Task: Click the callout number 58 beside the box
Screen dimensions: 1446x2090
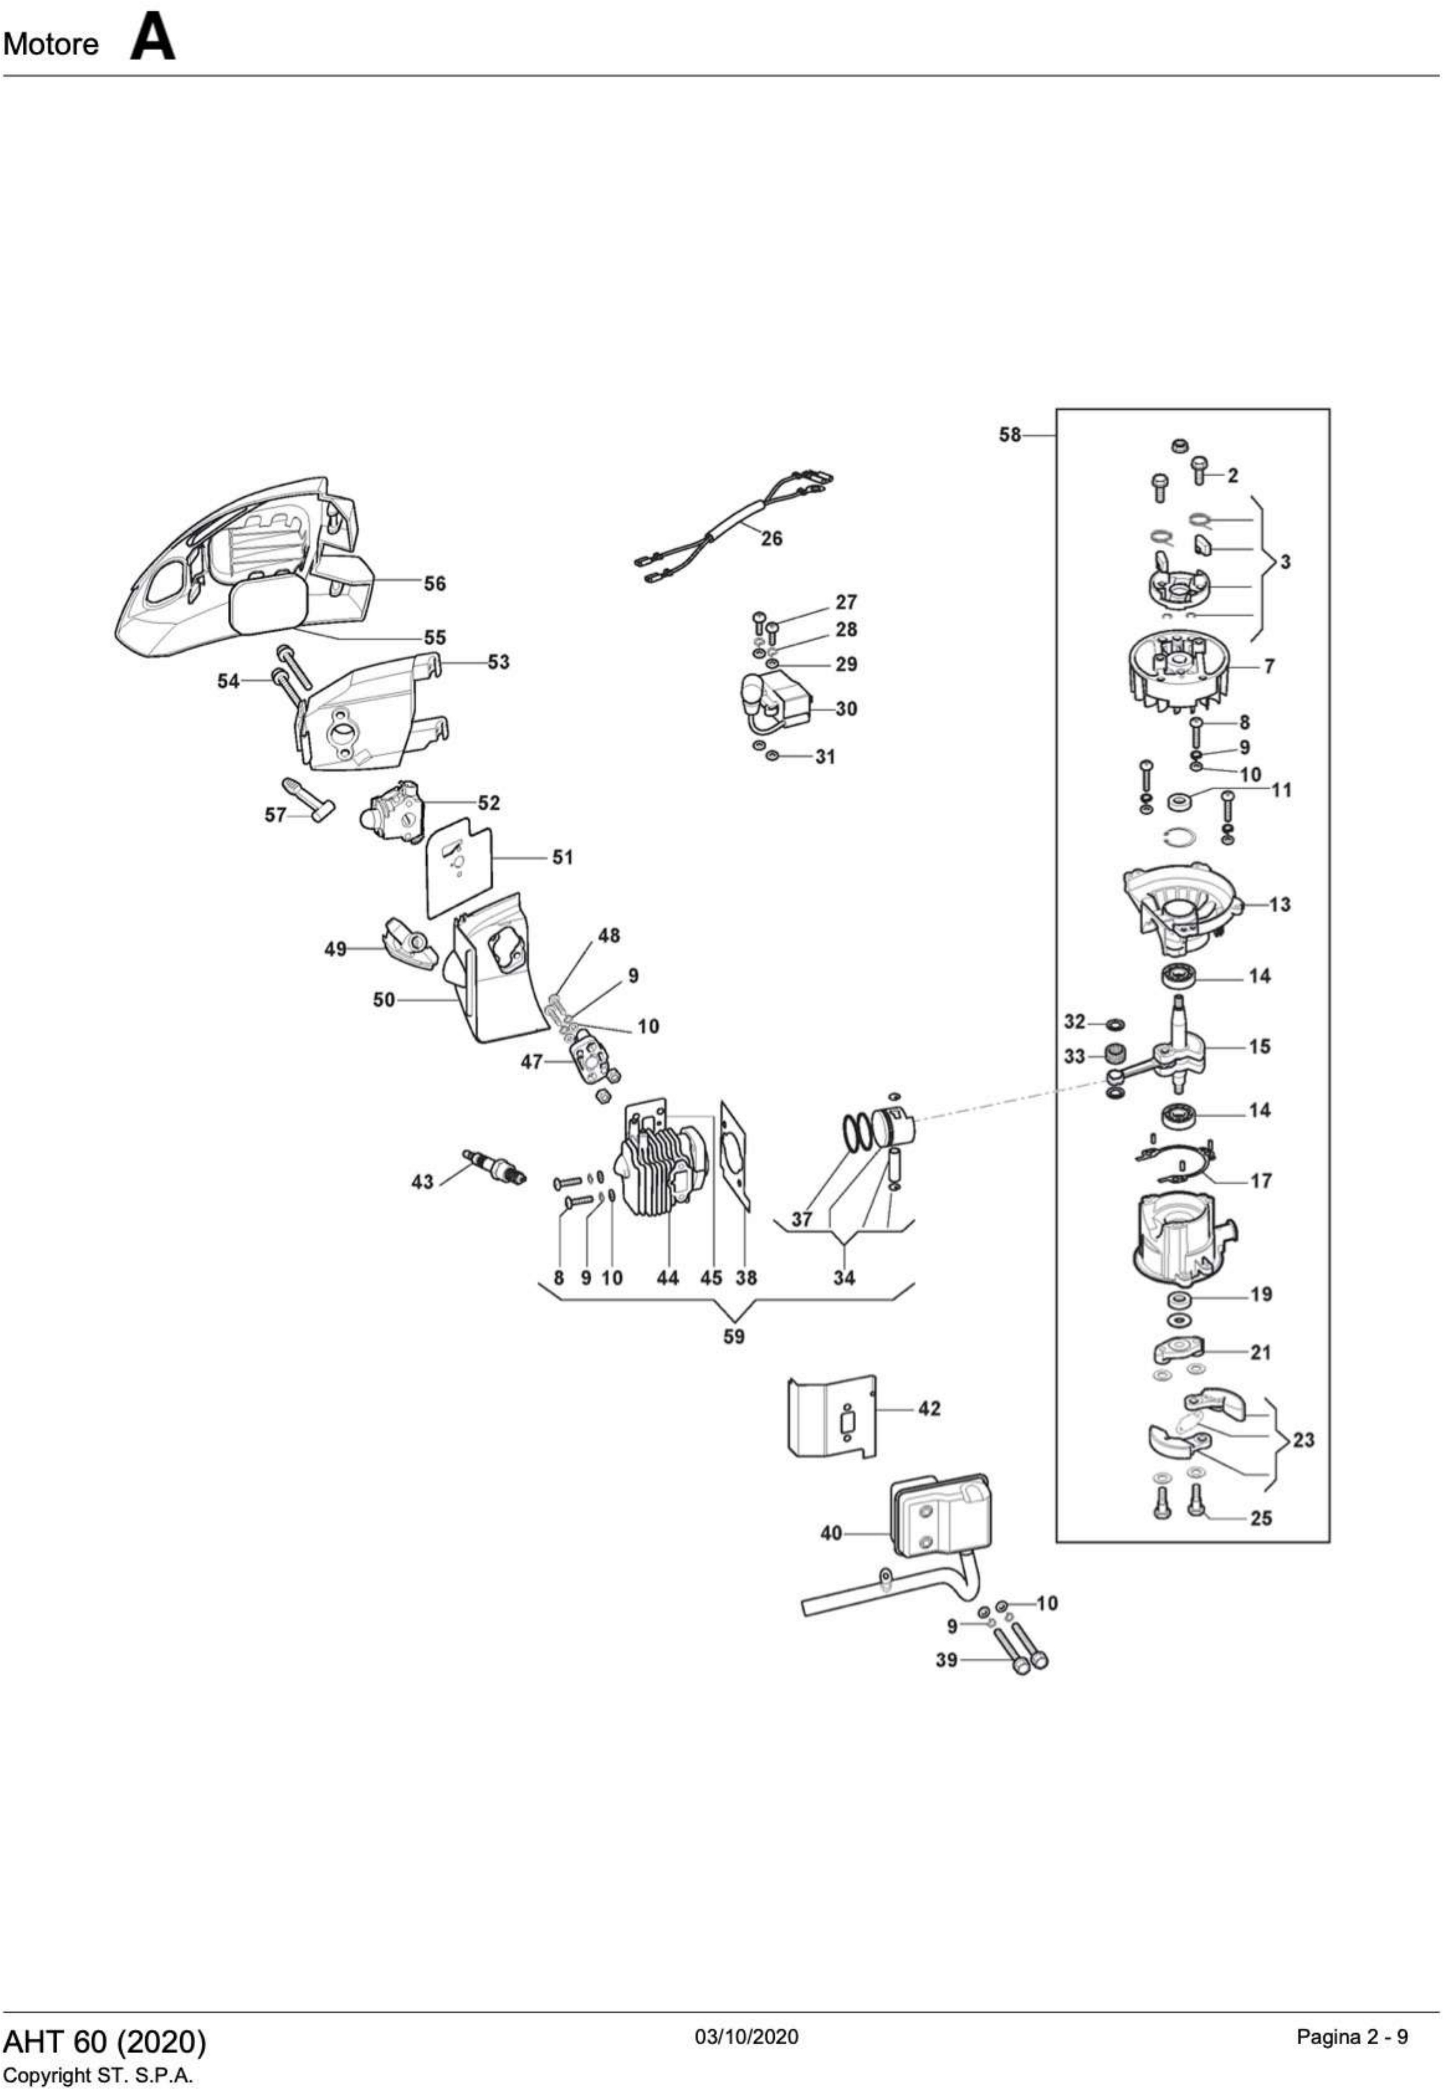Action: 1009,435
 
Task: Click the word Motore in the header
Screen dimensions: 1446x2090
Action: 52,43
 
